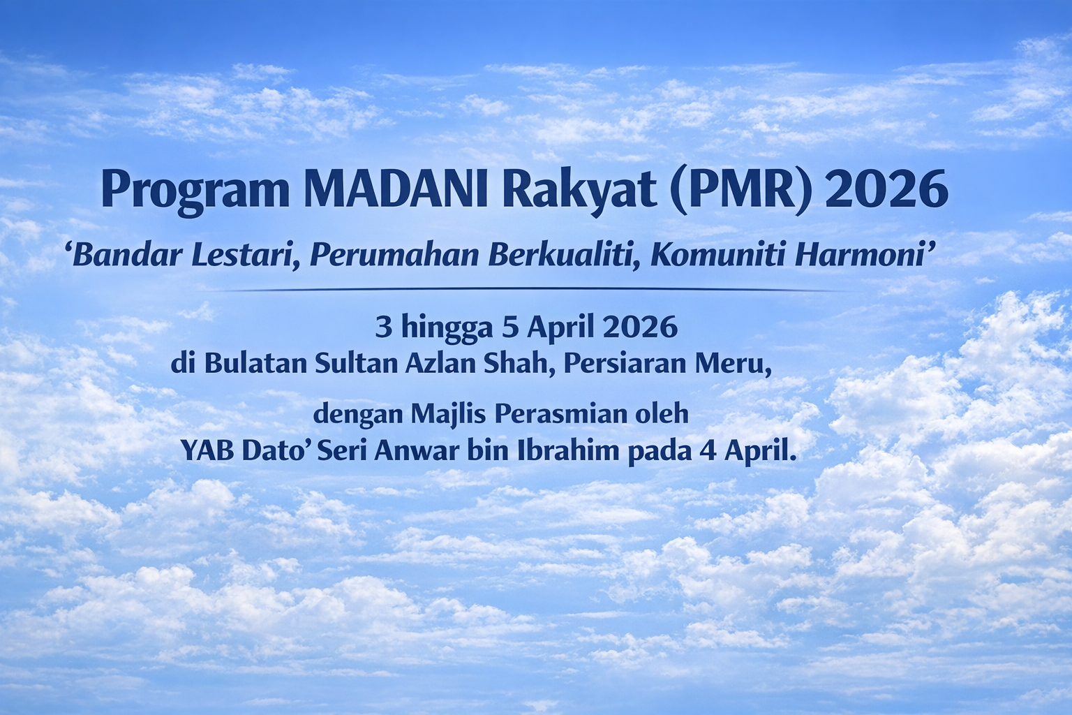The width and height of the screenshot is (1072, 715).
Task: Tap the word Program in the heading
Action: click(x=195, y=191)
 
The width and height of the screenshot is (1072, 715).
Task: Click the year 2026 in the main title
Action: click(x=886, y=189)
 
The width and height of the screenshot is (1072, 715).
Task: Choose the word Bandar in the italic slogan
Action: click(x=128, y=255)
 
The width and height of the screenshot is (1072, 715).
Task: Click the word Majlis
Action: click(x=447, y=415)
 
